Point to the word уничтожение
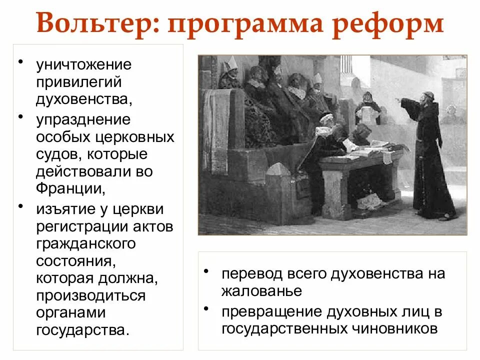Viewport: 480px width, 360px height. (83, 65)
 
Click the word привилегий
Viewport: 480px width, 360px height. (78, 81)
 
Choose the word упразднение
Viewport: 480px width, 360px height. (83, 120)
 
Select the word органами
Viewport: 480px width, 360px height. (71, 312)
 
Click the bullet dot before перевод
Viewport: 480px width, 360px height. (206, 270)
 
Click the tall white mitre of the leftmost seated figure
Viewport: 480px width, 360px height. (232, 63)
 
